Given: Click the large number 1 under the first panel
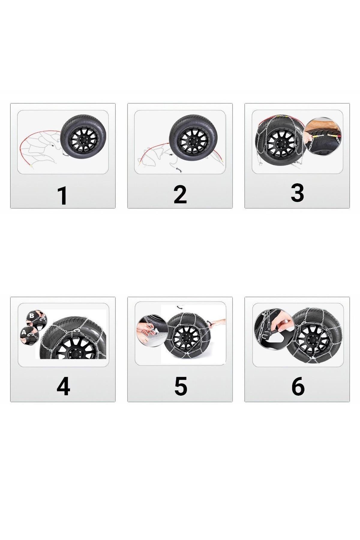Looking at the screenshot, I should click(x=63, y=196).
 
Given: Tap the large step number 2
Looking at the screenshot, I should click(x=180, y=195).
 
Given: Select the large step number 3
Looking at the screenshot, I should click(x=297, y=193).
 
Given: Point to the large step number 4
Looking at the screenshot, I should click(x=63, y=387).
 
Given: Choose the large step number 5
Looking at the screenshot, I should click(x=181, y=386).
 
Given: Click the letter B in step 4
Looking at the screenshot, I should click(x=32, y=316).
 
